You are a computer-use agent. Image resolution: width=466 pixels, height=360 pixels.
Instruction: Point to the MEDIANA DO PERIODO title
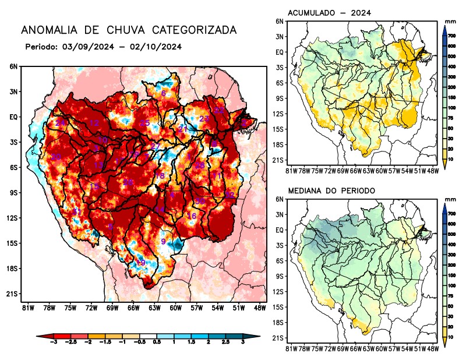pos(331,190)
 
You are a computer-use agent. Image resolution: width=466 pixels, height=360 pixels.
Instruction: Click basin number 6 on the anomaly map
pos(164,93)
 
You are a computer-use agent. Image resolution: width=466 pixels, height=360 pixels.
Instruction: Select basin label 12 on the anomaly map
pos(94,123)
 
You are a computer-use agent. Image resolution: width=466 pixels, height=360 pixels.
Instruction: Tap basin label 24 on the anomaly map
pos(61,123)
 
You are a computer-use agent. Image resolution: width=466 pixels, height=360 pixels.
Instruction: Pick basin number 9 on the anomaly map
pos(163,241)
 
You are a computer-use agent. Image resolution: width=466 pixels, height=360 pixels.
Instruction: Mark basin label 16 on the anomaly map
pos(191,216)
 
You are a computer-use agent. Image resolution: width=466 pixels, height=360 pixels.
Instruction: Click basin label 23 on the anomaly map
pos(204,119)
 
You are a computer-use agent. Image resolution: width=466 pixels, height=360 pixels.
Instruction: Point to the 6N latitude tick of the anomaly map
pos(13,67)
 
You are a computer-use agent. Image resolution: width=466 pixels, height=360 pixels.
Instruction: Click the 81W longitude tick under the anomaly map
pos(26,308)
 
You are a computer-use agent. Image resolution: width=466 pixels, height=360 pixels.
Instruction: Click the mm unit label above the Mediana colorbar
pos(450,199)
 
